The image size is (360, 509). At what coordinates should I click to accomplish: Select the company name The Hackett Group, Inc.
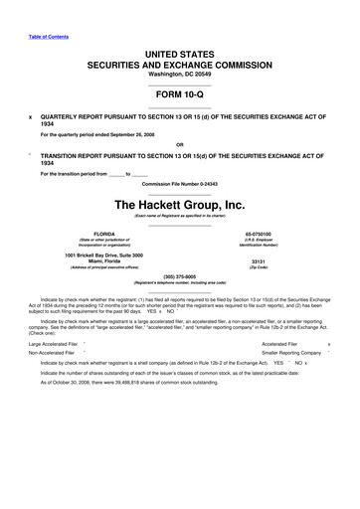[x=179, y=205]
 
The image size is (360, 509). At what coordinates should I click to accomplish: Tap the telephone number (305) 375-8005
[x=179, y=276]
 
